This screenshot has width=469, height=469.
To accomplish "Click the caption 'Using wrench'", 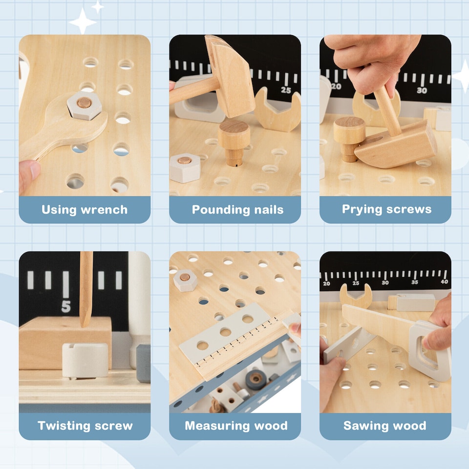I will [85, 210].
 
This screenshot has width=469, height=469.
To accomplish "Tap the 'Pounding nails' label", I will [237, 210].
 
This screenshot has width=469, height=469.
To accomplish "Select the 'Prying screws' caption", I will [386, 210].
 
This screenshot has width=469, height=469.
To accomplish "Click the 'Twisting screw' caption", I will [85, 426].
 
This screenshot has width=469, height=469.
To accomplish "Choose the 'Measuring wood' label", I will [236, 426].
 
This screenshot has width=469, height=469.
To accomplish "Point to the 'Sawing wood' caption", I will [384, 426].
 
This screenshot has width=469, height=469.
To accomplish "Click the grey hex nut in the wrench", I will [84, 105].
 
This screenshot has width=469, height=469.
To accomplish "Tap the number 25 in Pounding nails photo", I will [286, 90].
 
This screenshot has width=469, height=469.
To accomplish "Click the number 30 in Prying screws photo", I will [422, 90].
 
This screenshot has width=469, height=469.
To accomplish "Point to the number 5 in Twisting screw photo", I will [66, 306].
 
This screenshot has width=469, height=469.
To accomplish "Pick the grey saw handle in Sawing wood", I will [430, 349].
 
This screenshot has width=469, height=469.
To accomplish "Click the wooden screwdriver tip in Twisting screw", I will [86, 313].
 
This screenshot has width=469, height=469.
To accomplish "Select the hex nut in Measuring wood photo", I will [185, 280].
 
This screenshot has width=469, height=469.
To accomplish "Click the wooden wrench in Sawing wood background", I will [356, 296].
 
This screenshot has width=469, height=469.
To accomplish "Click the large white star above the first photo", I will [83, 21].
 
